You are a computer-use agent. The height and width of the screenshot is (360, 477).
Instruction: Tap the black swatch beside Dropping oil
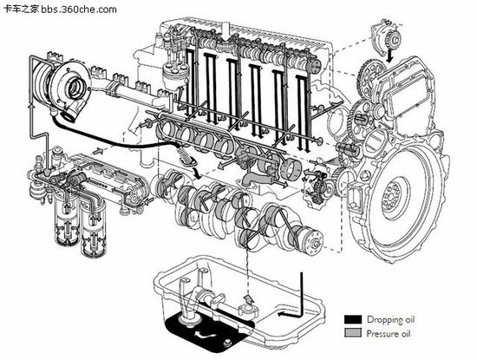tap(353, 317)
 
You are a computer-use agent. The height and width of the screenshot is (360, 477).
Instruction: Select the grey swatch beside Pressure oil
tap(353, 331)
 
